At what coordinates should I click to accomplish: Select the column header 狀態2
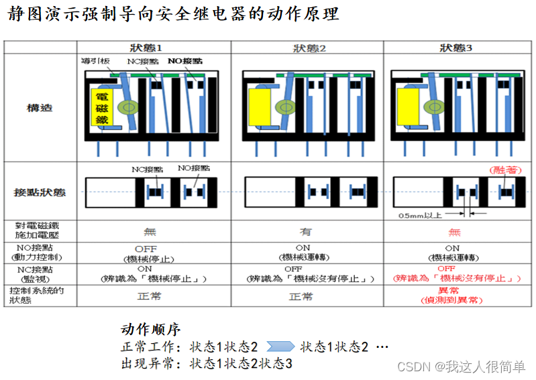309,48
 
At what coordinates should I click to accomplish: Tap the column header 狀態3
456,48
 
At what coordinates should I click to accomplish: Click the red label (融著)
503,170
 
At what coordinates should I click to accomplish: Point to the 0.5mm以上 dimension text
421,216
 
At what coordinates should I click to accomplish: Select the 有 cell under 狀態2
307,231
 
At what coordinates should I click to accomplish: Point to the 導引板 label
94,61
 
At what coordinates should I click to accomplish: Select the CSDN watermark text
462,367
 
